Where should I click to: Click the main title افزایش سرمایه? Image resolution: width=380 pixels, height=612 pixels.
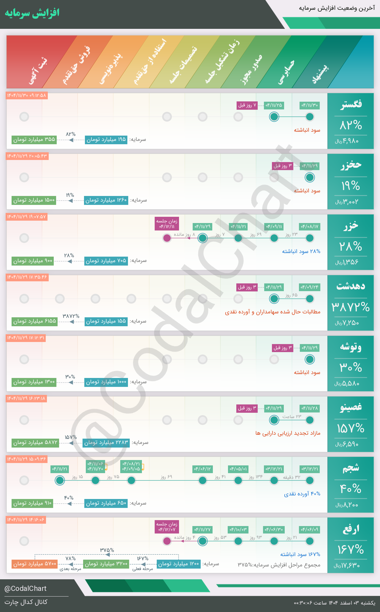click(32, 13)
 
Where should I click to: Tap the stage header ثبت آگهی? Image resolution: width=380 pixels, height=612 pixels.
click(38, 71)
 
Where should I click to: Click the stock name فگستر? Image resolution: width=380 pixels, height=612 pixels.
click(351, 104)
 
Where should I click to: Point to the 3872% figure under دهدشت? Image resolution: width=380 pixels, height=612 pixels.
click(351, 307)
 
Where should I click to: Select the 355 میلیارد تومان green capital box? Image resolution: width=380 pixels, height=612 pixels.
click(34, 139)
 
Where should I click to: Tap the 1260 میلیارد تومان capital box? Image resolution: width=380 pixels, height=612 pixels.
click(106, 200)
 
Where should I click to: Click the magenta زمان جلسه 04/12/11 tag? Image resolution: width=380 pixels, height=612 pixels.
click(167, 224)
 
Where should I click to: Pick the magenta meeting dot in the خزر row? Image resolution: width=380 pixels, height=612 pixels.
click(167, 238)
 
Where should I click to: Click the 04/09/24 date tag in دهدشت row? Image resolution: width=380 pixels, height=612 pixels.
click(309, 287)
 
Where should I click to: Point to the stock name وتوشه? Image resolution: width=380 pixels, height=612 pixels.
click(351, 347)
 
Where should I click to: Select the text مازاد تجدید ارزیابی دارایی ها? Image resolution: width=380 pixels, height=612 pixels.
click(288, 433)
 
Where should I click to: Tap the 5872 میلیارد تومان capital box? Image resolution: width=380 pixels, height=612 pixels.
click(35, 442)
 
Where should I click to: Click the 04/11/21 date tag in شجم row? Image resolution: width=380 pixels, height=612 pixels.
click(60, 469)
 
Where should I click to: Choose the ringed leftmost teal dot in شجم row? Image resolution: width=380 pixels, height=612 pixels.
click(60, 480)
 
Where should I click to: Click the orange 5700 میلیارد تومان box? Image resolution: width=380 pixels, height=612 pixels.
click(34, 564)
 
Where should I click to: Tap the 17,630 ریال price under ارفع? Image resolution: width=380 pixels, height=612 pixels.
click(347, 565)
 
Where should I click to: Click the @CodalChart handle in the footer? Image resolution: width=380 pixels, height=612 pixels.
click(26, 589)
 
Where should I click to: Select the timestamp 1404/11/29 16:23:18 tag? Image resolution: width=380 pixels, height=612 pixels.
click(26, 398)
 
